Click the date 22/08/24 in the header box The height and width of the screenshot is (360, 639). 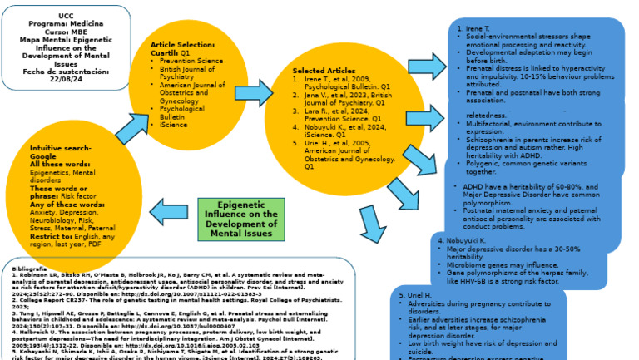[x=66, y=80]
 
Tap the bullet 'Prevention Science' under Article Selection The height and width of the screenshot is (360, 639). [x=191, y=61]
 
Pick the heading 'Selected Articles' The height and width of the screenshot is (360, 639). [x=324, y=71]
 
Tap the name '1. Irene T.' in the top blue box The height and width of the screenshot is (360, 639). [x=476, y=28]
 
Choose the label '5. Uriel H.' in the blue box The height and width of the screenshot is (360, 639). [x=416, y=295]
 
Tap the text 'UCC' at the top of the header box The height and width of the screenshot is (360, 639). [x=65, y=16]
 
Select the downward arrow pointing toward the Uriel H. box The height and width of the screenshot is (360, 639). [x=372, y=224]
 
